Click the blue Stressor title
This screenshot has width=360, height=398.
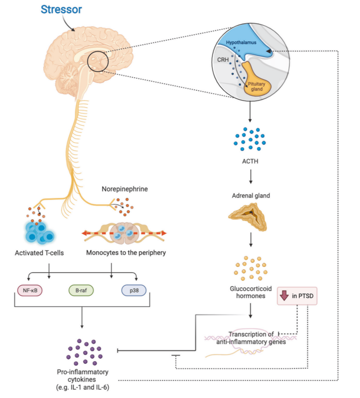pyautogui.click(x=61, y=10)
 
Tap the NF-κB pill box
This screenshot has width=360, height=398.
pyautogui.click(x=30, y=291)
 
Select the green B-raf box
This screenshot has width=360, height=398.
pyautogui.click(x=81, y=291)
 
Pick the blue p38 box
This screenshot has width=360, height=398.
pyautogui.click(x=134, y=291)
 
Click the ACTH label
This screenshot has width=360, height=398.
pyautogui.click(x=250, y=161)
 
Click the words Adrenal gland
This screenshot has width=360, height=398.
pyautogui.click(x=251, y=196)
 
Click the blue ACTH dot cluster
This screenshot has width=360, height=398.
pyautogui.click(x=250, y=139)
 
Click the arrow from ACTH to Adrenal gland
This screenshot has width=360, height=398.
pyautogui.click(x=250, y=177)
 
